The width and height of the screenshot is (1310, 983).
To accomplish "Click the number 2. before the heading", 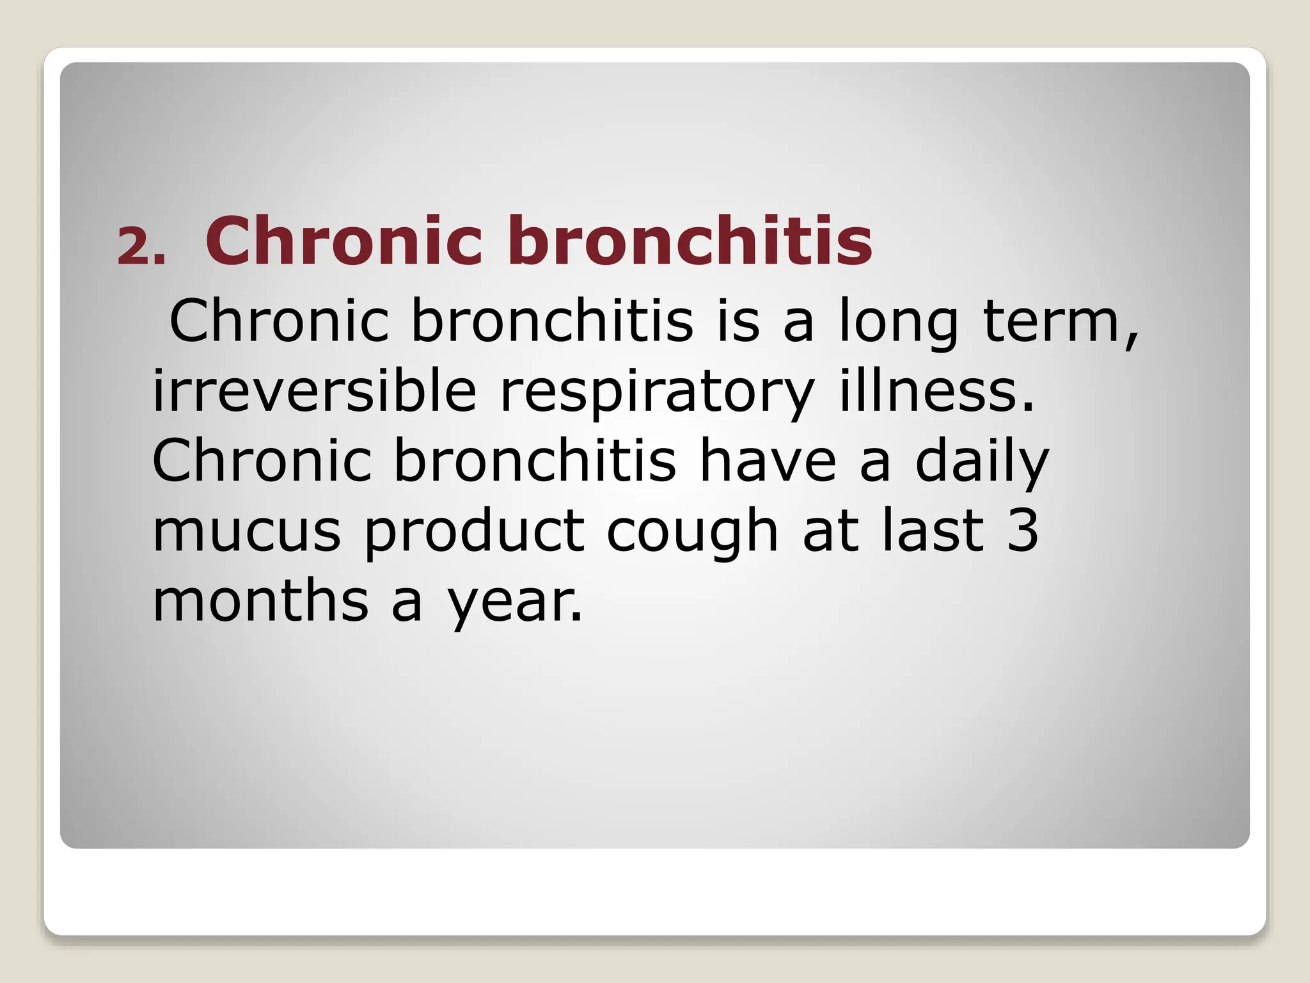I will point(141,246).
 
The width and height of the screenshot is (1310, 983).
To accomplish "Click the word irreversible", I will point(314,391).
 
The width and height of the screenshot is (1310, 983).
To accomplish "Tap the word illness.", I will point(936,391).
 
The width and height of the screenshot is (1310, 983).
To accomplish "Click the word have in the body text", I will point(768,461).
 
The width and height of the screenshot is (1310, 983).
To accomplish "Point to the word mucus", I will point(247,531).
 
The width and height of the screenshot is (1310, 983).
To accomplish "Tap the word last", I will point(933,531).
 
